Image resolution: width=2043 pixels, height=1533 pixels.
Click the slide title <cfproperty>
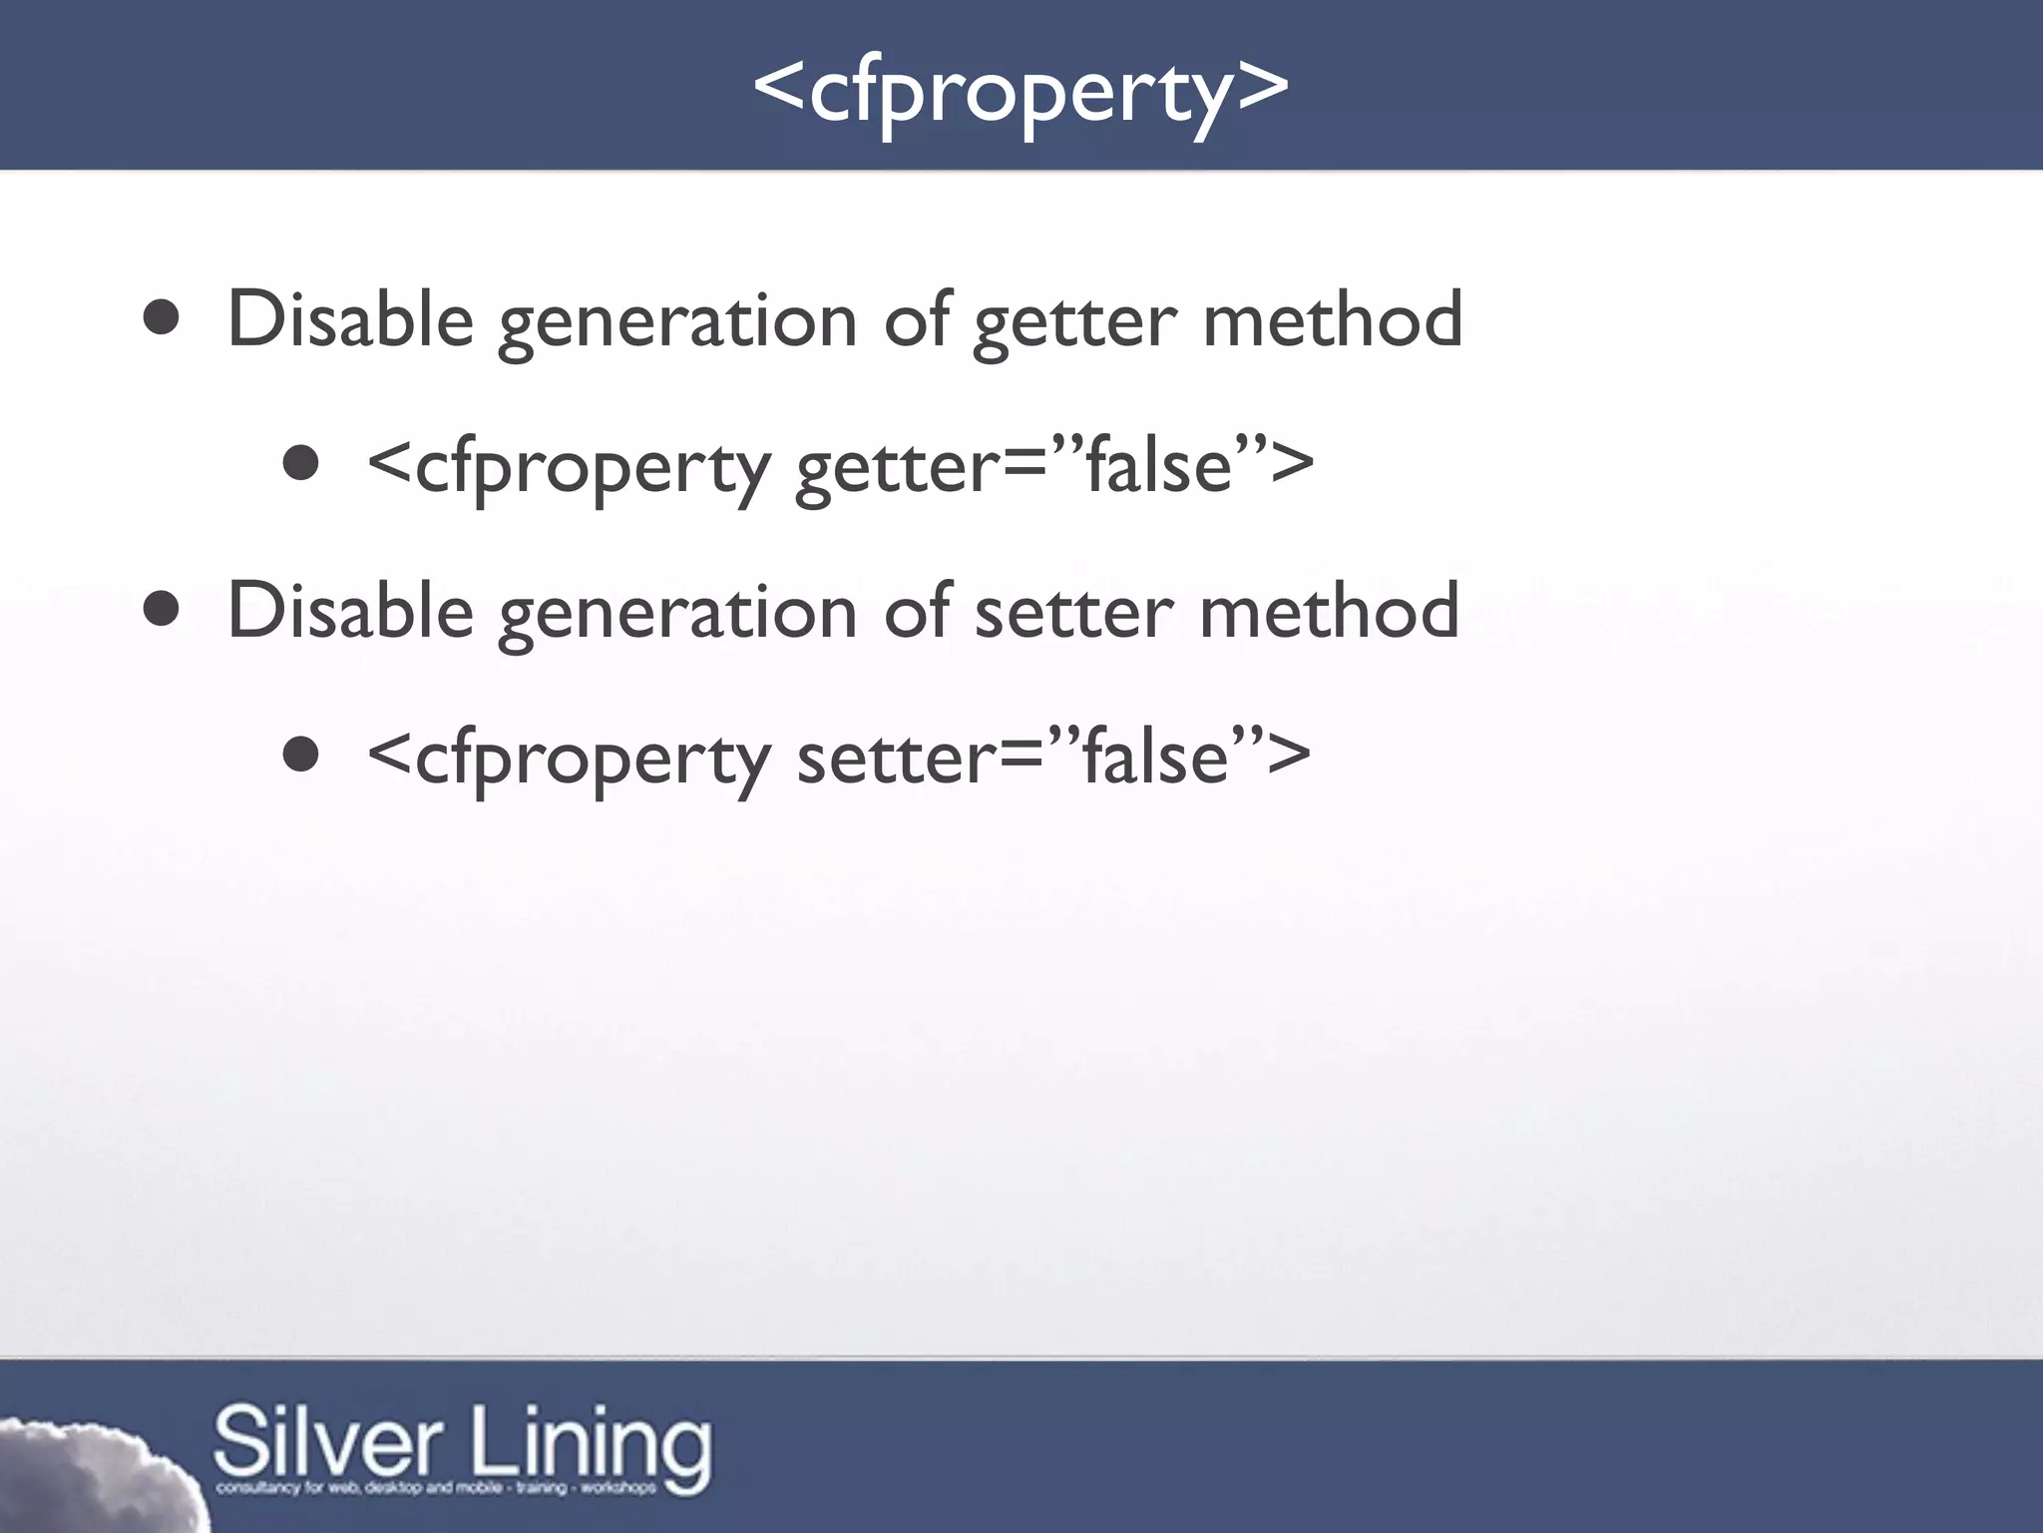tap(1021, 90)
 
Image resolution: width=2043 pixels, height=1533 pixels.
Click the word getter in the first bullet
tap(1075, 321)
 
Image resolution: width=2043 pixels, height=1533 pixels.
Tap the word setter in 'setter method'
tap(1073, 612)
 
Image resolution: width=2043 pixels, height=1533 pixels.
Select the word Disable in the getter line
tap(350, 319)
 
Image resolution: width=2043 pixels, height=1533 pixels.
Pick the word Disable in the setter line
tap(350, 611)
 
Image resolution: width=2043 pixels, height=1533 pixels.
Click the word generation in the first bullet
tap(677, 323)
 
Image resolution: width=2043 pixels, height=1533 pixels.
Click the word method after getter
tap(1333, 319)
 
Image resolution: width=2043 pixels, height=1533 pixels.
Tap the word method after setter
tap(1330, 611)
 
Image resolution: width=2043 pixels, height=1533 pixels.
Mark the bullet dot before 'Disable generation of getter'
tap(161, 320)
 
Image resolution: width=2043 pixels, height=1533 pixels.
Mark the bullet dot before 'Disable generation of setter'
tap(161, 611)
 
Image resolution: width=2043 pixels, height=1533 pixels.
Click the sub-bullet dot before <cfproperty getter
tap(300, 464)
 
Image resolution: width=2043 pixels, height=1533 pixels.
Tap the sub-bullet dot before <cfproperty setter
tap(300, 756)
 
